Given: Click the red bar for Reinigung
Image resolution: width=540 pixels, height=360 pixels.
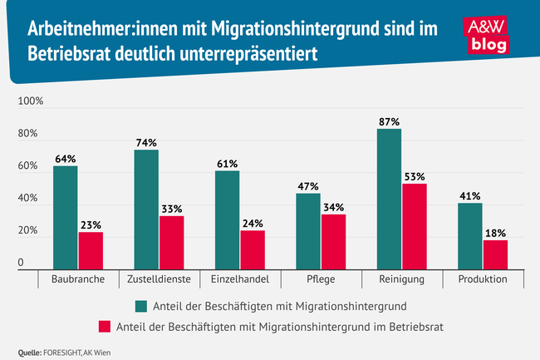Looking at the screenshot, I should (x=415, y=227).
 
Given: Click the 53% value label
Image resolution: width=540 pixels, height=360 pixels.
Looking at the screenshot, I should (x=415, y=176).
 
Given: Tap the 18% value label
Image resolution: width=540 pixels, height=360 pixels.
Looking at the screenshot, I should (x=495, y=233).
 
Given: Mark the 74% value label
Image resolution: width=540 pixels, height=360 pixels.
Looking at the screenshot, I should (x=146, y=142).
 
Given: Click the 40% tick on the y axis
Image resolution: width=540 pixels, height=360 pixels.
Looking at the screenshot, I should (x=27, y=200).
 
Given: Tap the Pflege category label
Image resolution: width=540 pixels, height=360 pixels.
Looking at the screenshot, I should (x=321, y=279).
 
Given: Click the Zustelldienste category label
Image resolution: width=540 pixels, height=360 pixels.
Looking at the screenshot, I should (x=160, y=279).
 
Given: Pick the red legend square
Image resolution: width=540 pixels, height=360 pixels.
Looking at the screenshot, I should (x=106, y=326).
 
